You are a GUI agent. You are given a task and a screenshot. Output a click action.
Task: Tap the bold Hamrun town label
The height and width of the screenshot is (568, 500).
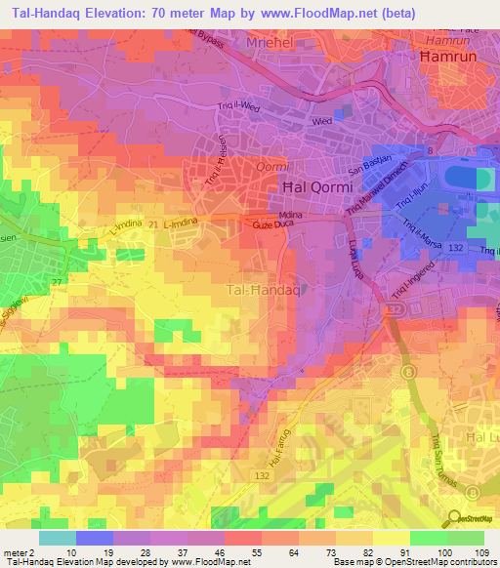(446, 59)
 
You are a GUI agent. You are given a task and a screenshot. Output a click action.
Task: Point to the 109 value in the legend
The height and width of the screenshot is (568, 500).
(479, 551)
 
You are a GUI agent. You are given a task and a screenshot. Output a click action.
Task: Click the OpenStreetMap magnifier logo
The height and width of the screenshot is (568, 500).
(454, 518)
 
